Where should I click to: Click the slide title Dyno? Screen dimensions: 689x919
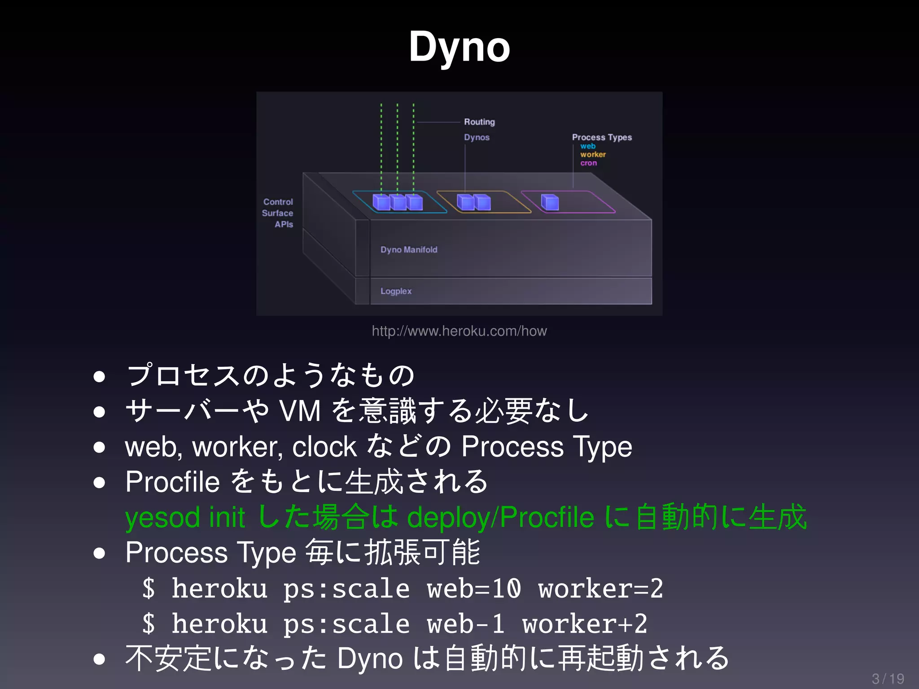(x=459, y=47)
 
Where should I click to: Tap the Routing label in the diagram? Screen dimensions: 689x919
(x=479, y=122)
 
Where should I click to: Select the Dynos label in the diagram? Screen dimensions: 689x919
(x=477, y=137)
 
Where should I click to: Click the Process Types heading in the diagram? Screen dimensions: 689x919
(x=602, y=137)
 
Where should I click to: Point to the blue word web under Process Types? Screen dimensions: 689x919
(x=587, y=146)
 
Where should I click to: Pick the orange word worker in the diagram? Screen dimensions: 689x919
(x=593, y=154)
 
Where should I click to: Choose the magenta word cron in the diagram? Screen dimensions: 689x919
(x=588, y=163)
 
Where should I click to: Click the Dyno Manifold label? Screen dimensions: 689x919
(x=409, y=250)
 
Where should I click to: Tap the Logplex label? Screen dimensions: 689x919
(x=396, y=291)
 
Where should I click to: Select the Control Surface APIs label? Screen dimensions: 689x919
(x=278, y=213)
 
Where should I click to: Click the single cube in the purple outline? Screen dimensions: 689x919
(x=550, y=203)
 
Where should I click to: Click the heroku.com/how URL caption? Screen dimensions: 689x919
(x=459, y=331)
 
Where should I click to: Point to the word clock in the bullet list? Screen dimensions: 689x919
(x=324, y=447)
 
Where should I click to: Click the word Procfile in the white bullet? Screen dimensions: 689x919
(x=172, y=482)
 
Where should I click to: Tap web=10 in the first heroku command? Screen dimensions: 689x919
(x=474, y=589)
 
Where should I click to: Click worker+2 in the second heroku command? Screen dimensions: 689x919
(x=585, y=624)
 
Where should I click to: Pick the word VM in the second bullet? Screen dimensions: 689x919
(x=300, y=411)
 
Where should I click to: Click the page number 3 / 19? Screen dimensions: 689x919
(x=888, y=679)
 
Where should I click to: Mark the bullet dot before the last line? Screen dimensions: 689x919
(x=99, y=659)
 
